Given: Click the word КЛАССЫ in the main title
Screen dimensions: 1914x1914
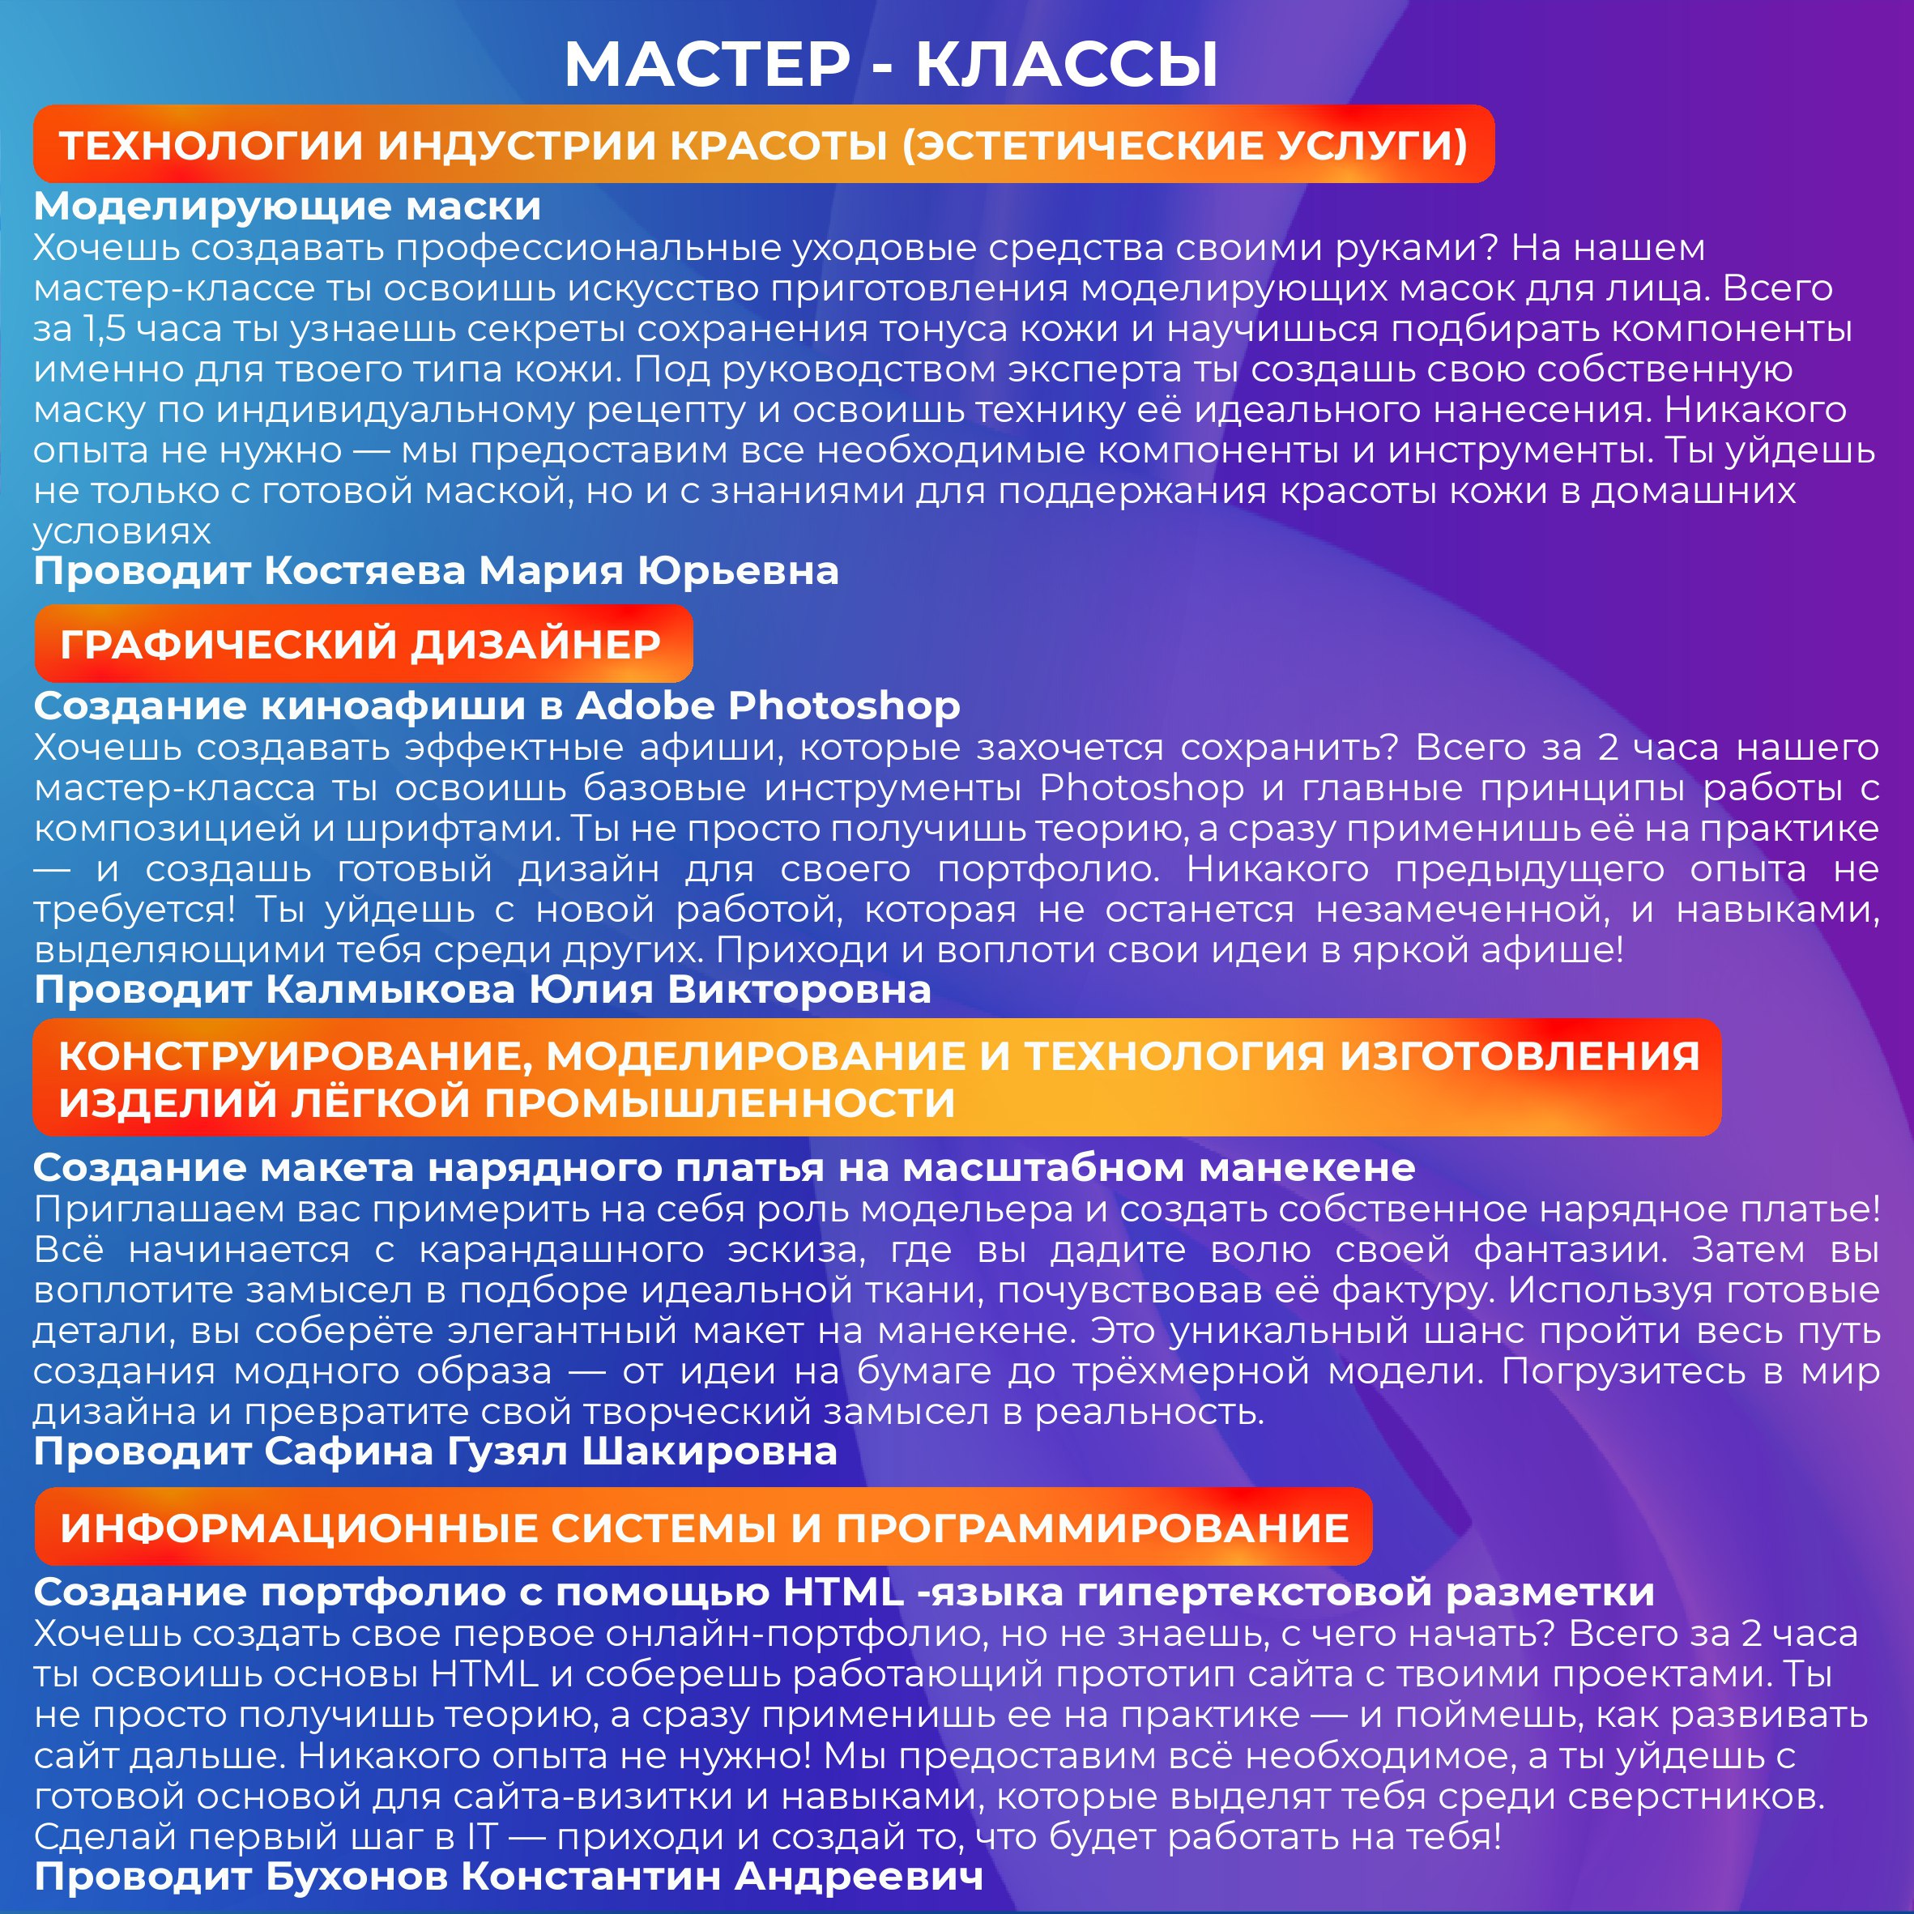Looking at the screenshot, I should tap(1066, 66).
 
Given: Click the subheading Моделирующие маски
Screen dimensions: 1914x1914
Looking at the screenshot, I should tap(288, 206).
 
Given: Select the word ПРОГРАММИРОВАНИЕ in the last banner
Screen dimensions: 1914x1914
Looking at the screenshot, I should tap(1093, 1528).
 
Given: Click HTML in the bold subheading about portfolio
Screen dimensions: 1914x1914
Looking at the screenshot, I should tap(844, 1592).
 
